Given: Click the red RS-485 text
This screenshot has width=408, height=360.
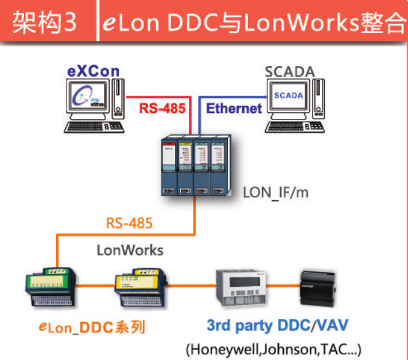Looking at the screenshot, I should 163,108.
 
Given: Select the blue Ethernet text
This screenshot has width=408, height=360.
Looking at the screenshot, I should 234,108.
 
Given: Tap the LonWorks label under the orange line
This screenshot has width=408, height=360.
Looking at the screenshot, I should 130,249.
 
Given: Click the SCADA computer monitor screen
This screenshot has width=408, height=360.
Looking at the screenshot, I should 287,97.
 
